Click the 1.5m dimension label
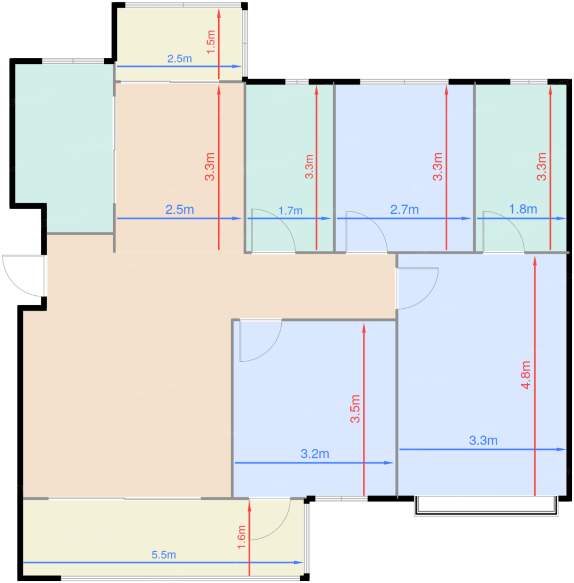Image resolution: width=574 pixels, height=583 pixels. tap(211, 42)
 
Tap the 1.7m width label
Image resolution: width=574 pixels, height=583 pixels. tap(290, 211)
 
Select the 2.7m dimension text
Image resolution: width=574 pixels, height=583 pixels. tap(404, 209)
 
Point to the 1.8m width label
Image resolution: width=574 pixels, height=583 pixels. tap(523, 209)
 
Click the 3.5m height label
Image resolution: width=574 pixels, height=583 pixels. tap(355, 409)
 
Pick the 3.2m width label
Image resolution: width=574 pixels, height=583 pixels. tap(314, 454)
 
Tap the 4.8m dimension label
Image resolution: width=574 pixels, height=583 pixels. tap(526, 374)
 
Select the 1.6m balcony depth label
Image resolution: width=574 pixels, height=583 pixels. tap(241, 537)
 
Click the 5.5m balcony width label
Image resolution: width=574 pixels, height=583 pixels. tap(163, 555)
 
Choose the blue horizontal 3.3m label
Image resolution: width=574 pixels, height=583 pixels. tap(483, 441)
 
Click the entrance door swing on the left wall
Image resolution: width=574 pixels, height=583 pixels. tap(24, 276)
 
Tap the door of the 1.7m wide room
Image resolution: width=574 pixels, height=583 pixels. tap(273, 230)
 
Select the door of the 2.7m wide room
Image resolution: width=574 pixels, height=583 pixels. tap(367, 232)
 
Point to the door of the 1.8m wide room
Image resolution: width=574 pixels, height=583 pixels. tap(504, 232)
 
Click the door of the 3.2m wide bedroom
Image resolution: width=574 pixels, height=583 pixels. tap(261, 340)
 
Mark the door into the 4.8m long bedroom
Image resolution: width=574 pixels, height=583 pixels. tap(417, 288)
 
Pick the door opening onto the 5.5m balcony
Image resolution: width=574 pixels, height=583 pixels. tap(270, 519)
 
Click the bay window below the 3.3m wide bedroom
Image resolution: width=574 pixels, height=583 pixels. tap(486, 506)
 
